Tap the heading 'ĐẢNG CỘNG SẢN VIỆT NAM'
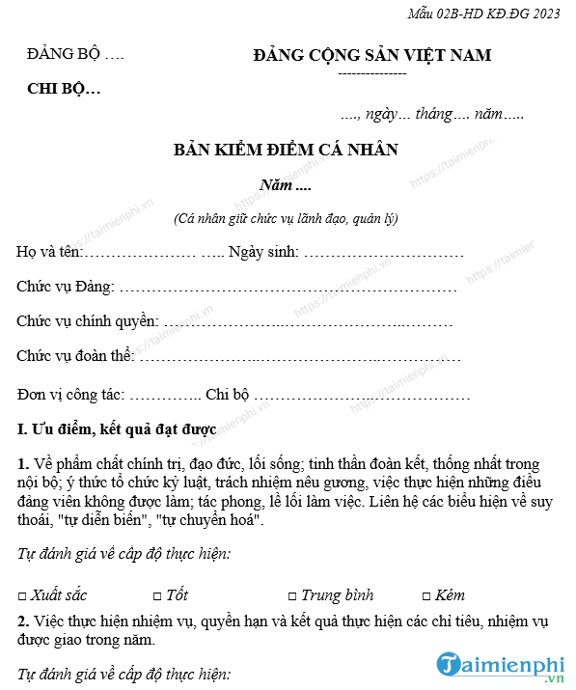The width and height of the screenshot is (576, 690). (x=371, y=55)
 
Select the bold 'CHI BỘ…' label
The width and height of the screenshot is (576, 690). (x=64, y=90)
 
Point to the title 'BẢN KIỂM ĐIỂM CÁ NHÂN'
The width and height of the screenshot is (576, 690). (x=286, y=150)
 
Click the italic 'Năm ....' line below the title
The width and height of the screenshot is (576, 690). (x=286, y=184)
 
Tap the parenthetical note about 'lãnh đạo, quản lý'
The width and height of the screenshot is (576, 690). (x=286, y=219)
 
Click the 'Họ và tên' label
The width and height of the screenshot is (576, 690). (x=49, y=253)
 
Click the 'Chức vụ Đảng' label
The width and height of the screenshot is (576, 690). (x=65, y=287)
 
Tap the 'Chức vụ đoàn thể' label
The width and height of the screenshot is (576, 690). (x=74, y=356)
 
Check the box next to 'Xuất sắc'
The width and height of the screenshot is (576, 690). (x=22, y=596)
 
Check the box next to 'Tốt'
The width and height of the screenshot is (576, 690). (x=157, y=596)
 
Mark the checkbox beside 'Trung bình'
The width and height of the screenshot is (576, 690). (x=292, y=596)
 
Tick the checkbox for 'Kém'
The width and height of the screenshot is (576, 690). (x=426, y=596)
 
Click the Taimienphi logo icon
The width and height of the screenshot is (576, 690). (x=451, y=664)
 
